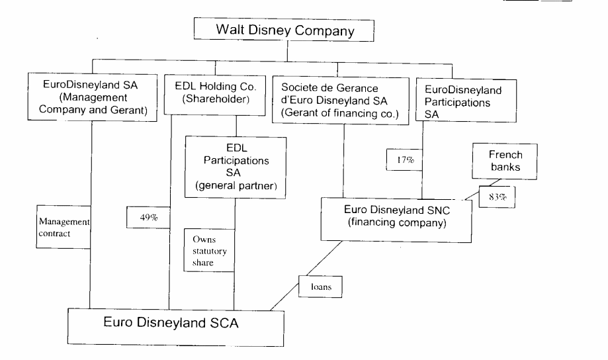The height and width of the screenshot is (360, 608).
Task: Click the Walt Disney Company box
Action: point(284,30)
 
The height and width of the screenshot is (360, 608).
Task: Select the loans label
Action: point(325,289)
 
